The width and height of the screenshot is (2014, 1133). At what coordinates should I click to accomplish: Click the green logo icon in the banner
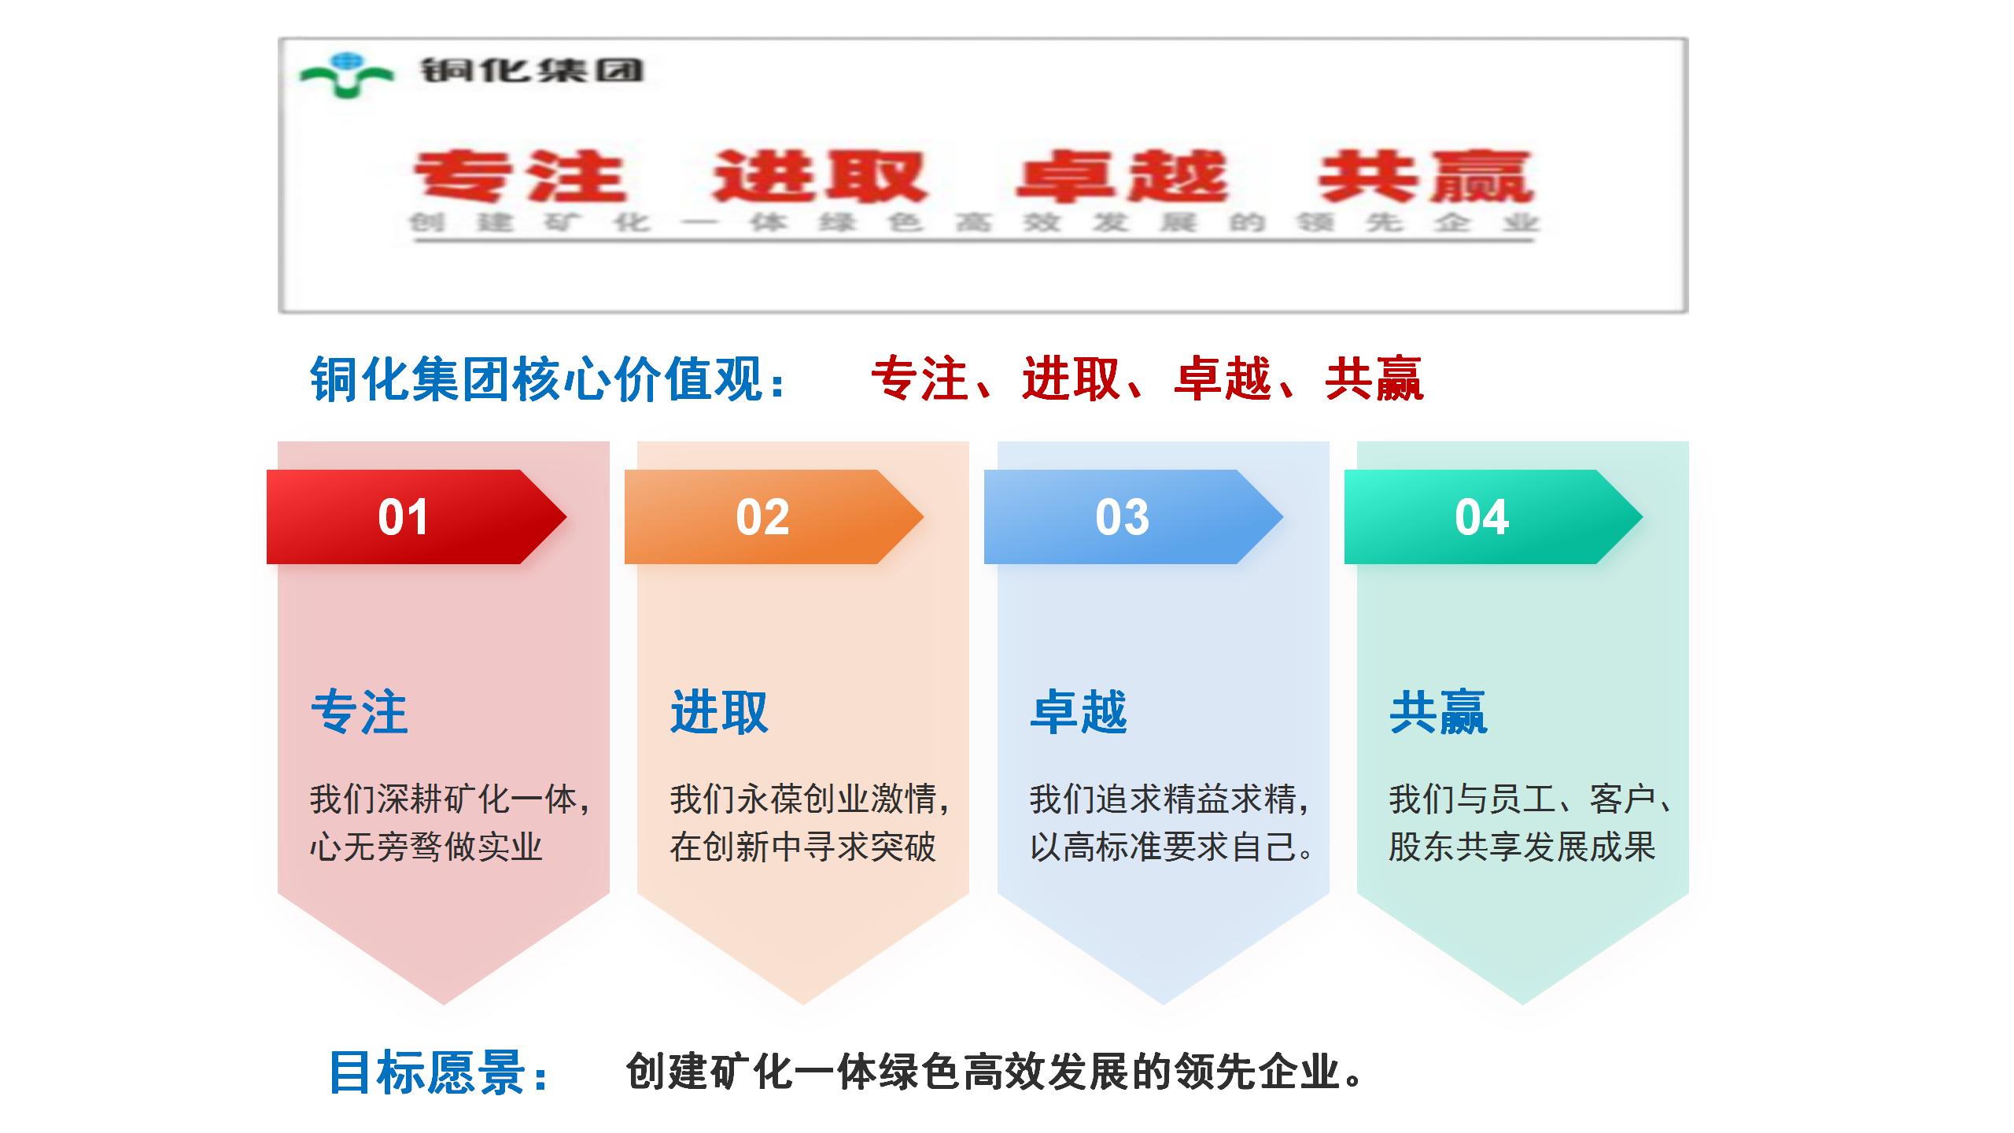346,75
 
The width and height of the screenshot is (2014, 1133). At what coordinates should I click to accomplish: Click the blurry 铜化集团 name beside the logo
533,71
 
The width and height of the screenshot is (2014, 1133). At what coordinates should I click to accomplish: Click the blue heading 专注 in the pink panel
360,712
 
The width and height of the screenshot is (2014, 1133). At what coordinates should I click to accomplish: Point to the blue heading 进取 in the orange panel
719,712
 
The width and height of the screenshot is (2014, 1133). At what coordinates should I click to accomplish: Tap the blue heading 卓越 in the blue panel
1079,712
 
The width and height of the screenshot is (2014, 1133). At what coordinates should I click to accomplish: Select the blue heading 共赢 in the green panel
1438,712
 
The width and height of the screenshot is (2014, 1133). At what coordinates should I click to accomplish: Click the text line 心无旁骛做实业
426,847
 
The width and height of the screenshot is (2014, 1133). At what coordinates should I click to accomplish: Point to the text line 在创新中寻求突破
802,847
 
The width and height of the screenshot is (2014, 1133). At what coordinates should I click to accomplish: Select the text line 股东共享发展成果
1522,847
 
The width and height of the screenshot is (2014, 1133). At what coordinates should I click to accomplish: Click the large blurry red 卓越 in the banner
1121,176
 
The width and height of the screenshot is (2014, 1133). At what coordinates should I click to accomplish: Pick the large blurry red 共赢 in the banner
1426,176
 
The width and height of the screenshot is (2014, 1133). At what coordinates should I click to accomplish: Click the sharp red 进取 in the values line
1072,378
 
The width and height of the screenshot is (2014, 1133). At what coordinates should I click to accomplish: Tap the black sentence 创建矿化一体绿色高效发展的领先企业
994,1072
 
